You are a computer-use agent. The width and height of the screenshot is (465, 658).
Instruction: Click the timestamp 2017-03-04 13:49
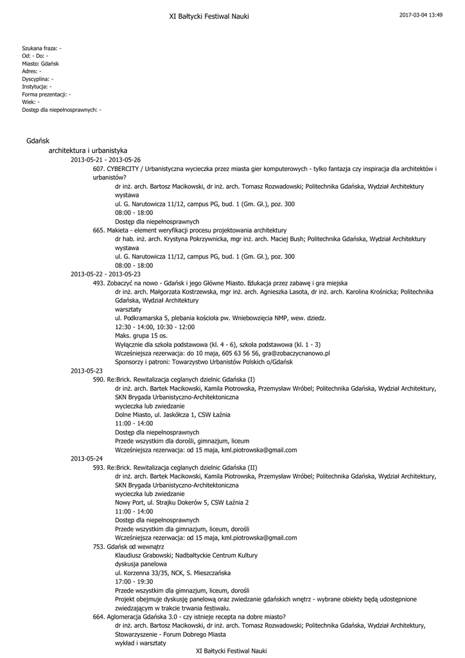(421, 15)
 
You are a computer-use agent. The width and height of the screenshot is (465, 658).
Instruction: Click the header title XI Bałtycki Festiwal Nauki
(209, 16)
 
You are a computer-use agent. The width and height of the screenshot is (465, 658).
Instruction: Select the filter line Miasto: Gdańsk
(40, 64)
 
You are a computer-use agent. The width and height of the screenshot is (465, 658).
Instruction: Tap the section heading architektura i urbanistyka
(88, 150)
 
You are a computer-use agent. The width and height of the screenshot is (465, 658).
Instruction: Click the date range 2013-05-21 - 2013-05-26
(105, 159)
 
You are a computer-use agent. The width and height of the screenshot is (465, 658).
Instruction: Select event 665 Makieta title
(189, 230)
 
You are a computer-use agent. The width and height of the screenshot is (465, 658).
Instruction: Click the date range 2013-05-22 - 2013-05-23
(105, 274)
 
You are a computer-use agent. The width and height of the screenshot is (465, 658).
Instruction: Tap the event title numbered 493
(220, 283)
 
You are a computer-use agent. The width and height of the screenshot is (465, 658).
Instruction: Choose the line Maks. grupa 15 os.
(141, 335)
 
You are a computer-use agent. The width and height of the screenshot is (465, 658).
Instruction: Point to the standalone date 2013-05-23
(87, 371)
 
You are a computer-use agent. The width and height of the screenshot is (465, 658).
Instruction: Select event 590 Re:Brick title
(174, 380)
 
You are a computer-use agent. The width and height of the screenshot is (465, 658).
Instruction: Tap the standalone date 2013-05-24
(87, 458)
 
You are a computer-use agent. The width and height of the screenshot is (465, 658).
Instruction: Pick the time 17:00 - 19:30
(134, 581)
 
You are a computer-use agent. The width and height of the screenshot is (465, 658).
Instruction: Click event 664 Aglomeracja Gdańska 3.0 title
(189, 616)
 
